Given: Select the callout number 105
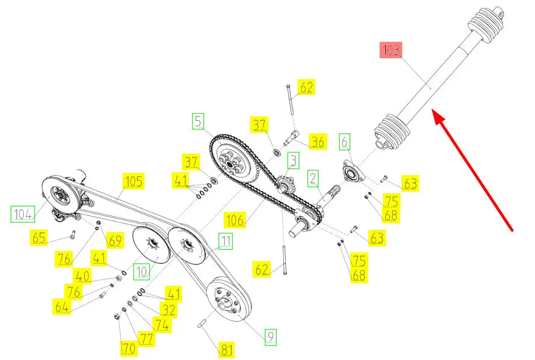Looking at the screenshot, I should click(x=133, y=181).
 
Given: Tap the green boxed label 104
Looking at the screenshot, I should click(x=23, y=214).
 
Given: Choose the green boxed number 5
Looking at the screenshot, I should click(x=198, y=120).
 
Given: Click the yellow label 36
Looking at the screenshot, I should click(x=318, y=142).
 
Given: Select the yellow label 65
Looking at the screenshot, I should click(x=40, y=238).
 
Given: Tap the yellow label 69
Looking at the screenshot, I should click(x=115, y=241).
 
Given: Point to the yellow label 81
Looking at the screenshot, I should click(x=226, y=350).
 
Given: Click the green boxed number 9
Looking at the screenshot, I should click(x=270, y=337).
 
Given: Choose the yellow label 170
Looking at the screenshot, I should click(x=128, y=349).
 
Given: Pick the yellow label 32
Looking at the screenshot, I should click(x=168, y=310).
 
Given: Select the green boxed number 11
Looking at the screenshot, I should click(x=225, y=242).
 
